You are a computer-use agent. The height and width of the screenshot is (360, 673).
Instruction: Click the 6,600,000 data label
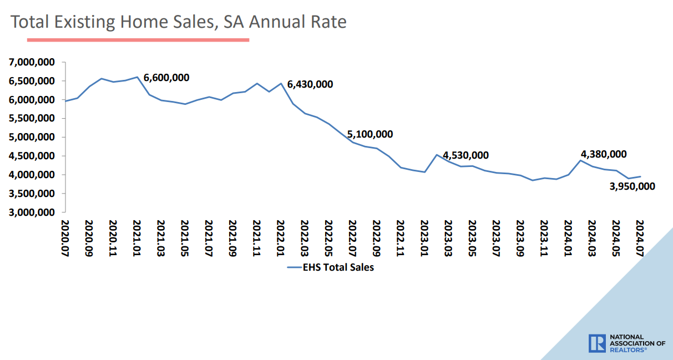166,78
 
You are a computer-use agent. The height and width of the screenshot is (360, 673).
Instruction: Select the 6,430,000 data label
310,84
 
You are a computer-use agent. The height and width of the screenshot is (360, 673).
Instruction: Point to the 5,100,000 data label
370,134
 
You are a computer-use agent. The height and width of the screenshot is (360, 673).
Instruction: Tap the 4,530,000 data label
466,155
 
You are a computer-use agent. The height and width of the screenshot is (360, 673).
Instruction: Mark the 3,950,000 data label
632,186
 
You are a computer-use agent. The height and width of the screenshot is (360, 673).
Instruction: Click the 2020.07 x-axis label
65,237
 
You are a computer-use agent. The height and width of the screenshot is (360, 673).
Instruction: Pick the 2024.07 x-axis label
640,237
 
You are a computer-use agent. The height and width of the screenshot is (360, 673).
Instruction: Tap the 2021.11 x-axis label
256,237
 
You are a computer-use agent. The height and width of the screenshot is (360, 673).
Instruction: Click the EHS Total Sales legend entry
331,267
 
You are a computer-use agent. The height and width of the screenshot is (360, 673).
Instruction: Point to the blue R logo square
598,343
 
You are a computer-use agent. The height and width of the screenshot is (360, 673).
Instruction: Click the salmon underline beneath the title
138,40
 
